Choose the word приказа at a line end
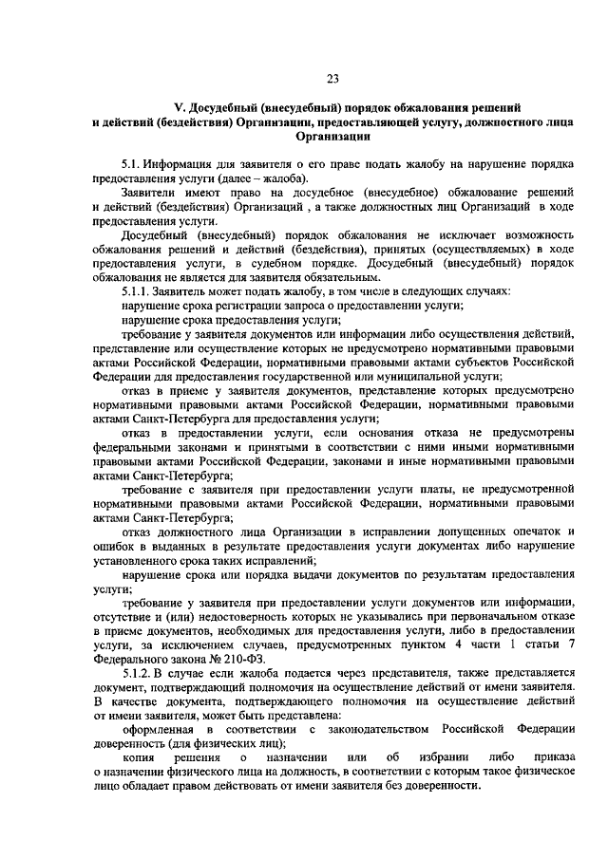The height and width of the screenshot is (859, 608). click(551, 758)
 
